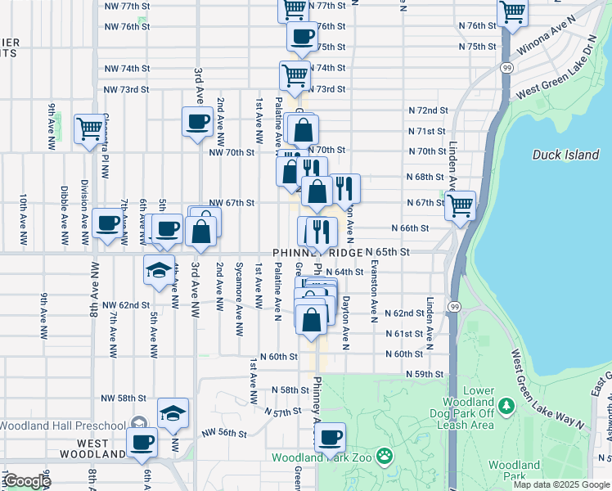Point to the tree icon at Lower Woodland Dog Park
tap(506, 404)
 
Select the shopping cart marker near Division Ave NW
tap(88, 128)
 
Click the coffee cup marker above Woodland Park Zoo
tap(331, 438)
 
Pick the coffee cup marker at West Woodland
tap(142, 444)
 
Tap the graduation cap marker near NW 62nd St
tap(158, 271)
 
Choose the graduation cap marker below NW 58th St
tap(173, 413)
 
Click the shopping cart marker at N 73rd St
tap(295, 75)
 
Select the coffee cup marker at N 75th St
tap(302, 36)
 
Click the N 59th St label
tap(425, 374)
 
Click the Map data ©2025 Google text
tap(560, 484)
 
